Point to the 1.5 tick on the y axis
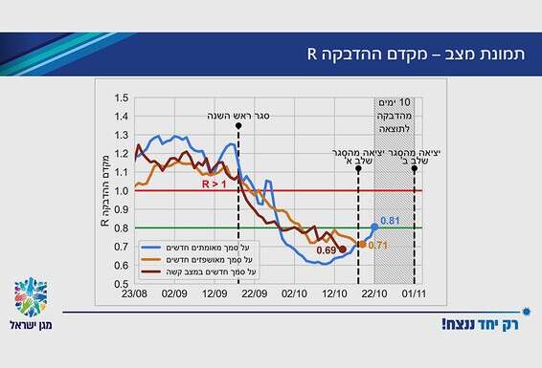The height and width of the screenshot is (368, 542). tap(120, 97)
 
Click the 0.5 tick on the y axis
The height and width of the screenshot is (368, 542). tap(120, 284)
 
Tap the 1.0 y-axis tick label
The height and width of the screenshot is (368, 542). tap(120, 190)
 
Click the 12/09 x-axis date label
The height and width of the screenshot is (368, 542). tap(214, 294)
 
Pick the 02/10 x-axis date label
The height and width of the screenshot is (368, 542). tap(294, 294)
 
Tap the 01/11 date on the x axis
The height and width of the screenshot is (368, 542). tap(415, 294)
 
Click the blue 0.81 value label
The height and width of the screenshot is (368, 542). tap(390, 222)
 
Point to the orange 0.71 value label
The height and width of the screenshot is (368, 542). tap(376, 245)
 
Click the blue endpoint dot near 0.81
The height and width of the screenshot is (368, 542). tap(374, 227)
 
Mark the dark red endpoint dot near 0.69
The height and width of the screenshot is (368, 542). tap(343, 249)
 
